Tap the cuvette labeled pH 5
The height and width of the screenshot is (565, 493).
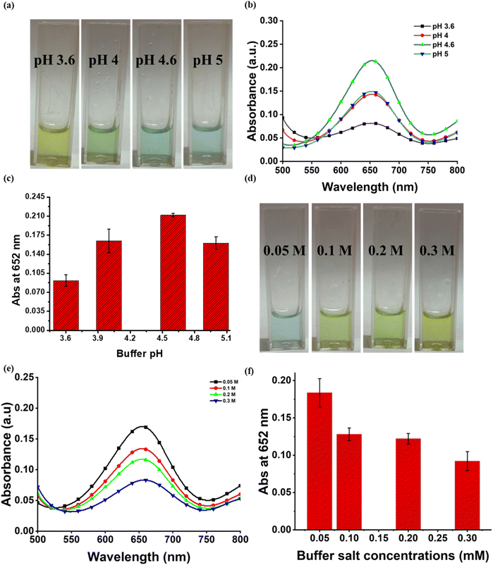[205, 99]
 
